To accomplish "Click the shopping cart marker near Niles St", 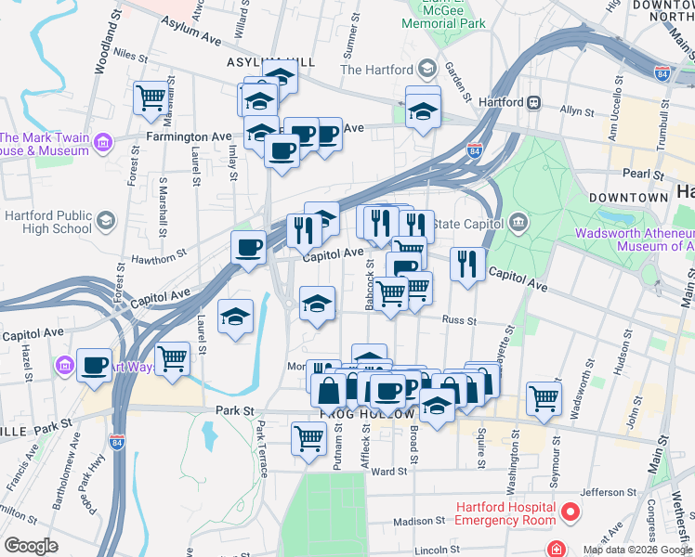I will [151, 97].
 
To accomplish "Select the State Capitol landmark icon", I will [518, 223].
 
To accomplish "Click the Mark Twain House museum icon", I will [102, 143].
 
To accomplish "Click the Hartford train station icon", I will [534, 102].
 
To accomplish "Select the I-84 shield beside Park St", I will [117, 442].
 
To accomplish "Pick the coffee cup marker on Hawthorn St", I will [248, 248].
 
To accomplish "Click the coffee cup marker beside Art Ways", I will [95, 365].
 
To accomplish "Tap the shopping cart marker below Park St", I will [308, 438].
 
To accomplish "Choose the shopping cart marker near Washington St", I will [544, 398].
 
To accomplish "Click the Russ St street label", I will [458, 321].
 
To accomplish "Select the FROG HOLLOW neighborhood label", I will [359, 412].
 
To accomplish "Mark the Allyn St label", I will [576, 110].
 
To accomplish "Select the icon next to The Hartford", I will [427, 70].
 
